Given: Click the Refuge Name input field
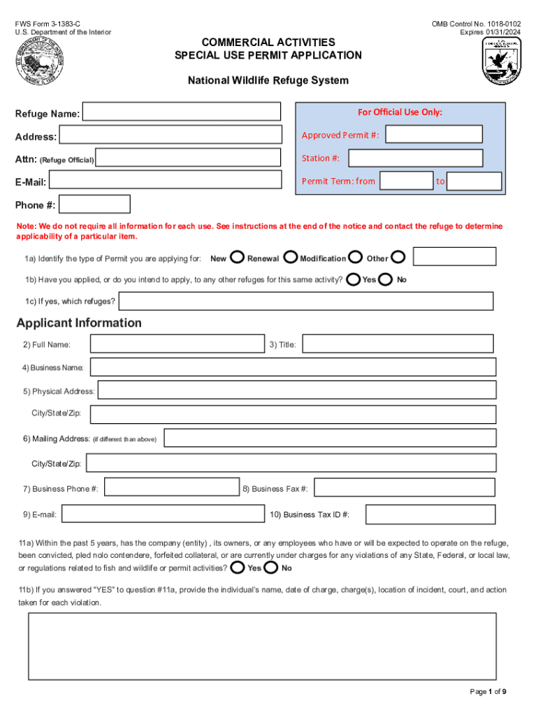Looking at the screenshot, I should [x=182, y=112].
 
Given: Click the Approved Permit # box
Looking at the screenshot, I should [x=434, y=135].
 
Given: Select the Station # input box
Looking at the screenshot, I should [x=434, y=158].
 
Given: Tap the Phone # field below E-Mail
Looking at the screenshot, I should [x=94, y=204].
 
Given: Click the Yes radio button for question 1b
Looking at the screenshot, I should [x=354, y=279].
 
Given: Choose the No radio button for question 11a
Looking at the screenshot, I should [x=271, y=567].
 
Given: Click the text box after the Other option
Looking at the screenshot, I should [x=455, y=257].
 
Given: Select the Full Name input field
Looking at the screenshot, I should [x=177, y=344].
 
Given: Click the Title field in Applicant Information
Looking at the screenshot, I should [x=398, y=344].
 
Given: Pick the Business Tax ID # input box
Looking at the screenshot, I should [x=430, y=515].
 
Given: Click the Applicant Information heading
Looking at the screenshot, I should [x=79, y=323].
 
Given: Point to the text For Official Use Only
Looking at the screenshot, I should [x=400, y=112].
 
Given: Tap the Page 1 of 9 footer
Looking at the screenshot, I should [x=488, y=691].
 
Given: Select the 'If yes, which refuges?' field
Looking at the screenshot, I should [x=306, y=301].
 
